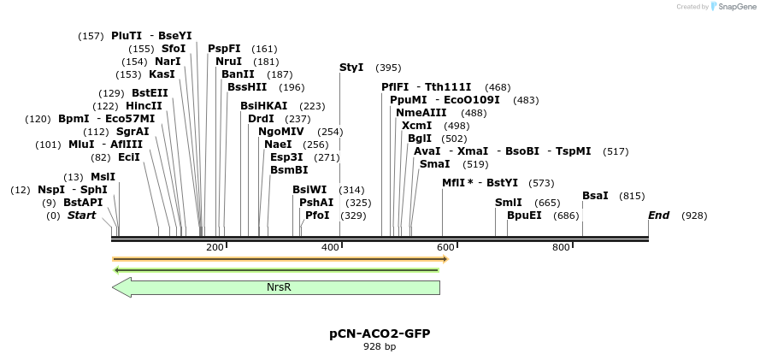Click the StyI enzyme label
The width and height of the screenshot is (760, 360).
point(351,68)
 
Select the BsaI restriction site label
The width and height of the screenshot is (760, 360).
point(595,196)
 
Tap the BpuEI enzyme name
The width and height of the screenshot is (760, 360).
point(524,215)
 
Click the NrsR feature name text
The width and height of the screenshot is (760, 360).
point(279,287)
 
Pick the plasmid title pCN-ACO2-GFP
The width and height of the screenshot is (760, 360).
point(379,333)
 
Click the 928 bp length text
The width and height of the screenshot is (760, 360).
point(380,347)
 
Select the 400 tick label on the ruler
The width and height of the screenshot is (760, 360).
point(331,247)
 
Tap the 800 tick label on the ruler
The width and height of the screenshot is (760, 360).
point(561,247)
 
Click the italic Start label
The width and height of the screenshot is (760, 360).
point(82,215)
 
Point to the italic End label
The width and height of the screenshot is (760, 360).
point(658,215)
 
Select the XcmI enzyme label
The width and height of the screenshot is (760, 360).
point(416,126)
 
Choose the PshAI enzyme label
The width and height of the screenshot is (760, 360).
point(316,203)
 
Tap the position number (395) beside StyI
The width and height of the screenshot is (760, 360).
point(388,68)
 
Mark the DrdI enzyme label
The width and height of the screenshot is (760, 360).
point(261,119)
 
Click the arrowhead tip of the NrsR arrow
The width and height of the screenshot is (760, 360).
point(114,287)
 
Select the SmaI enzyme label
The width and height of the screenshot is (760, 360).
point(434,164)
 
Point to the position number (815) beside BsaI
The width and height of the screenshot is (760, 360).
point(632,196)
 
